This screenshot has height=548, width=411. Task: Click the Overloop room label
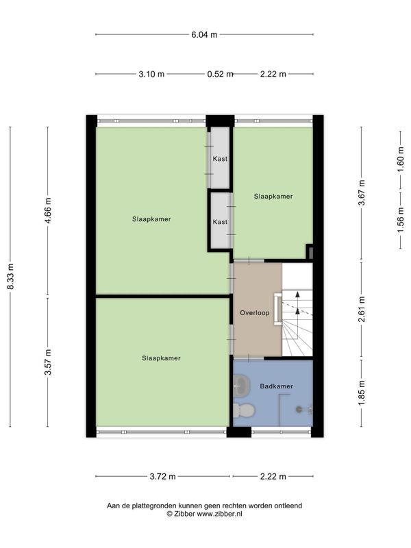point(254,313)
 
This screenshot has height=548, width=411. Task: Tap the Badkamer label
point(276,386)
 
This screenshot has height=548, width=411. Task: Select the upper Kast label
point(220,159)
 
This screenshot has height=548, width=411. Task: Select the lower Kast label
point(220,222)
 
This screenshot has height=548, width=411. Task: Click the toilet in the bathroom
point(244,410)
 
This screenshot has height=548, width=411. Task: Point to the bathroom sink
point(242,386)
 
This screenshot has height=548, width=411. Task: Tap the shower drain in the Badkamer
point(299,409)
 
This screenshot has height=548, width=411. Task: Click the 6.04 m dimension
point(204,35)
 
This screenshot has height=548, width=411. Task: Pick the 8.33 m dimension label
point(10,276)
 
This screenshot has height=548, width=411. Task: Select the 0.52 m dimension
point(220,74)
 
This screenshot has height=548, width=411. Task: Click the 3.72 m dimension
point(162,476)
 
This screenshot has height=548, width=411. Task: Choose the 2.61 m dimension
point(362,310)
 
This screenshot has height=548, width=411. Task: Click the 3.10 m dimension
point(151,74)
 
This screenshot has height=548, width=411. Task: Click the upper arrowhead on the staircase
point(297,295)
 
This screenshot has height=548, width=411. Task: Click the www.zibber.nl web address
point(219,514)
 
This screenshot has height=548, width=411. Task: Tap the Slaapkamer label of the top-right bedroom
point(273,197)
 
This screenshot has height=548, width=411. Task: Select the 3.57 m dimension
point(48,362)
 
